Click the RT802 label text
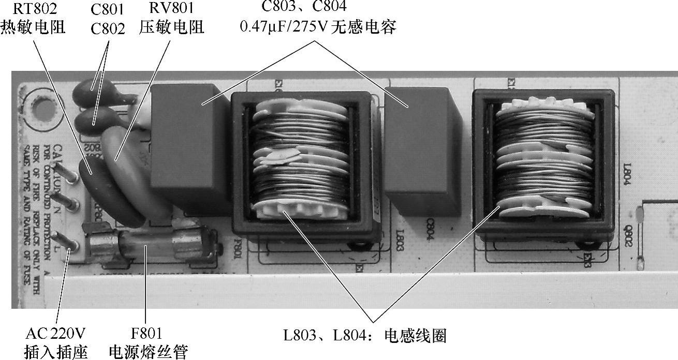35,9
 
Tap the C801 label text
107,9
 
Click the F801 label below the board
147,333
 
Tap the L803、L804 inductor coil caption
364,336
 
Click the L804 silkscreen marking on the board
627,174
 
